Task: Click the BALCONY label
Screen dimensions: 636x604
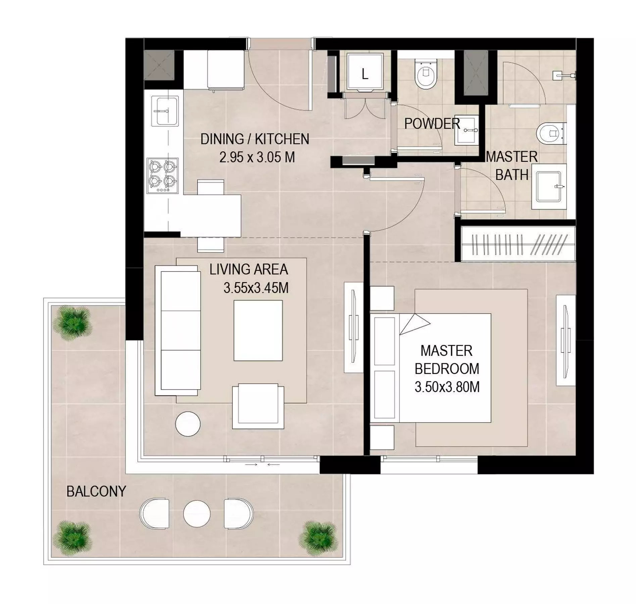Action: [96, 492]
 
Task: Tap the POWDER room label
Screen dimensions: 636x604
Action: [432, 124]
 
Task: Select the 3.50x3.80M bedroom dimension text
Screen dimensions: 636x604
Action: [447, 387]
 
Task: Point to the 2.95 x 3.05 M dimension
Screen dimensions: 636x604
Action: [257, 157]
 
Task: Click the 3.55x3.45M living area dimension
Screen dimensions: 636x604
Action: [256, 288]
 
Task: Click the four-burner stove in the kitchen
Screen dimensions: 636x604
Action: [163, 175]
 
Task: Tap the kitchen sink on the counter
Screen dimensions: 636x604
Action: [165, 111]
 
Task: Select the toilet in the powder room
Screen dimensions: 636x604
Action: [426, 74]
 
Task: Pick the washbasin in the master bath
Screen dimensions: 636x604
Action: [549, 187]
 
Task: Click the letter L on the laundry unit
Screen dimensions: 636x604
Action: [365, 74]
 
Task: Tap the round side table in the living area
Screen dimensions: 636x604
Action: [188, 424]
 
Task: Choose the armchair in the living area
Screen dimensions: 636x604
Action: [258, 406]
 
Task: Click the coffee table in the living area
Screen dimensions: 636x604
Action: [258, 331]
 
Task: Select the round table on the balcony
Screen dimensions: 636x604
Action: [197, 514]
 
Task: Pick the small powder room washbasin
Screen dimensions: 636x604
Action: [467, 130]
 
